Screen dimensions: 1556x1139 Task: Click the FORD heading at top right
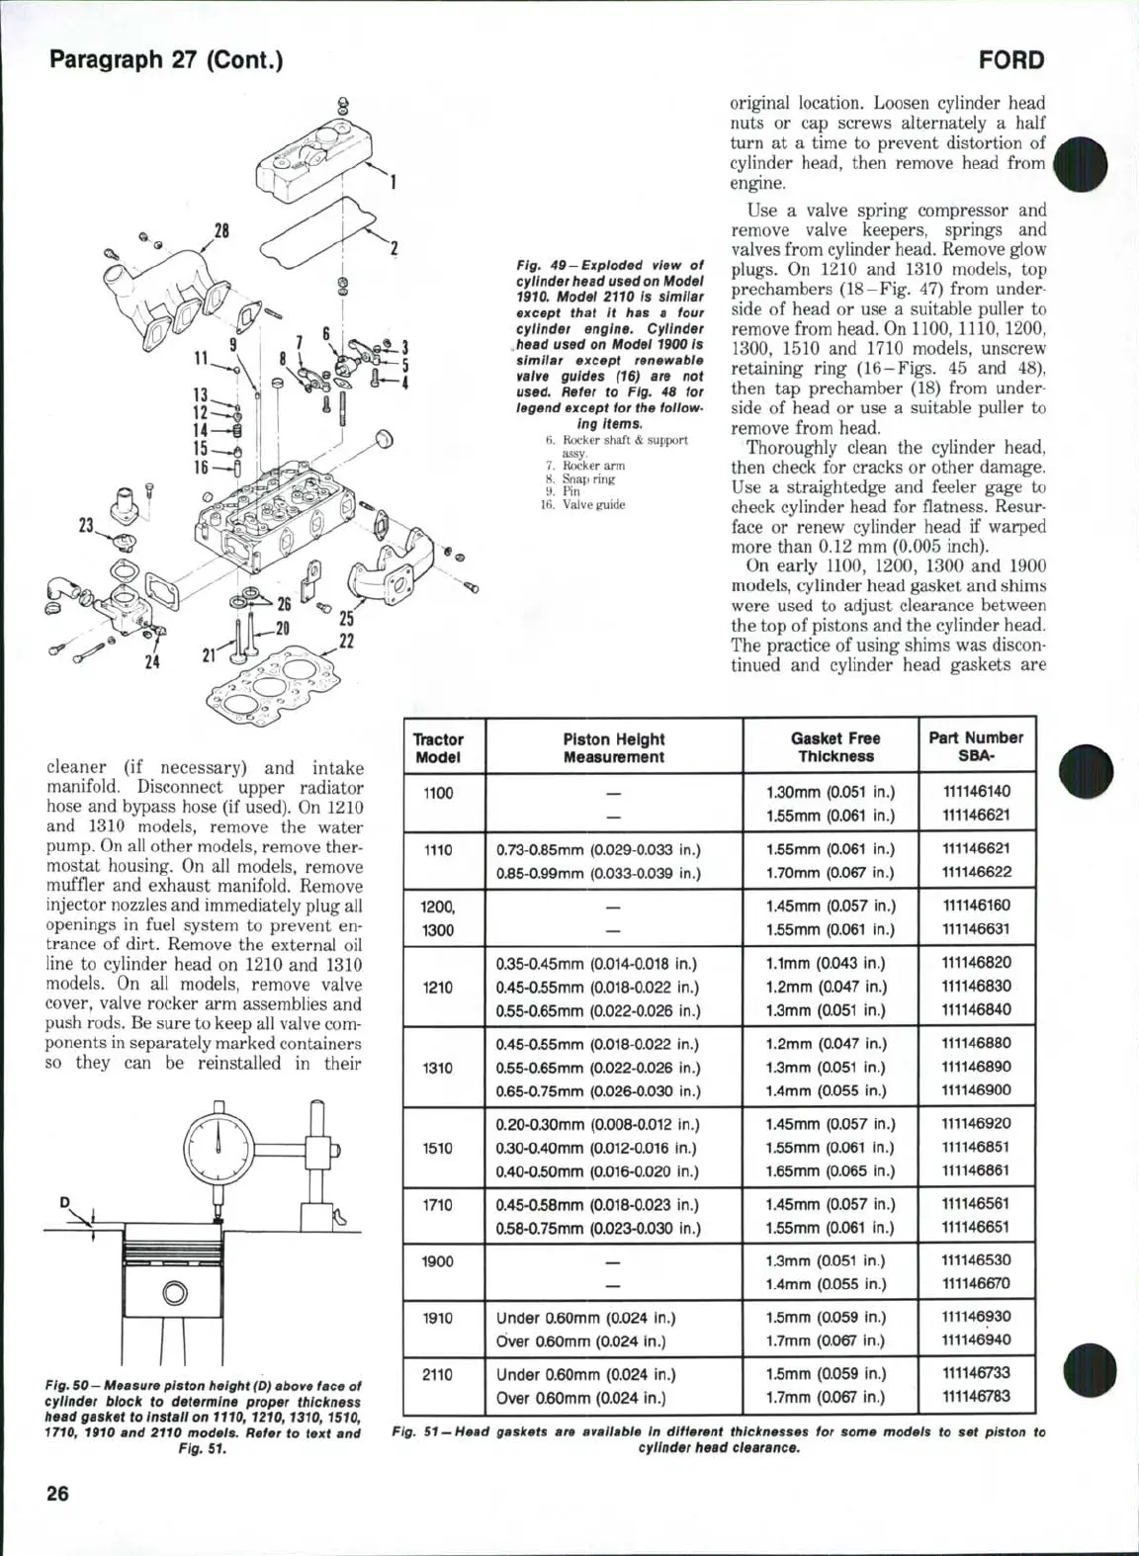click(x=1010, y=60)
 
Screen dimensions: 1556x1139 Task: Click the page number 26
click(x=58, y=1494)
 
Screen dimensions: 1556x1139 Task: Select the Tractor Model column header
click(x=437, y=748)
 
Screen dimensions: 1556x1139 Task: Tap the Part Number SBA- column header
click(x=975, y=747)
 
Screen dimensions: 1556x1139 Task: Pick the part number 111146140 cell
click(x=976, y=792)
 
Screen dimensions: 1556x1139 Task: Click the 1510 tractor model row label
click(x=437, y=1148)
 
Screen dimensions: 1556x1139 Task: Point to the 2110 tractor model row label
click(x=437, y=1375)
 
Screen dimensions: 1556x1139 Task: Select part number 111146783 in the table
click(x=976, y=1398)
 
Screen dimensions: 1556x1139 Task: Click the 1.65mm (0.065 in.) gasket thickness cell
click(x=831, y=1171)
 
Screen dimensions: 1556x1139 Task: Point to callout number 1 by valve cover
click(x=393, y=182)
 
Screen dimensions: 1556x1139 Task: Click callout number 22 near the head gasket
click(x=346, y=642)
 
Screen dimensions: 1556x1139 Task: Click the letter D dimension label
click(x=64, y=1202)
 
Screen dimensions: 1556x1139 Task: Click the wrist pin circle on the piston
click(x=175, y=1292)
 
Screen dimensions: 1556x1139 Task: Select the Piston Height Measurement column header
click(x=613, y=748)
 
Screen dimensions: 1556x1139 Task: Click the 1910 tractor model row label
click(x=437, y=1318)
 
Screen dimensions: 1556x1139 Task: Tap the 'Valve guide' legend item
click(x=593, y=504)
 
